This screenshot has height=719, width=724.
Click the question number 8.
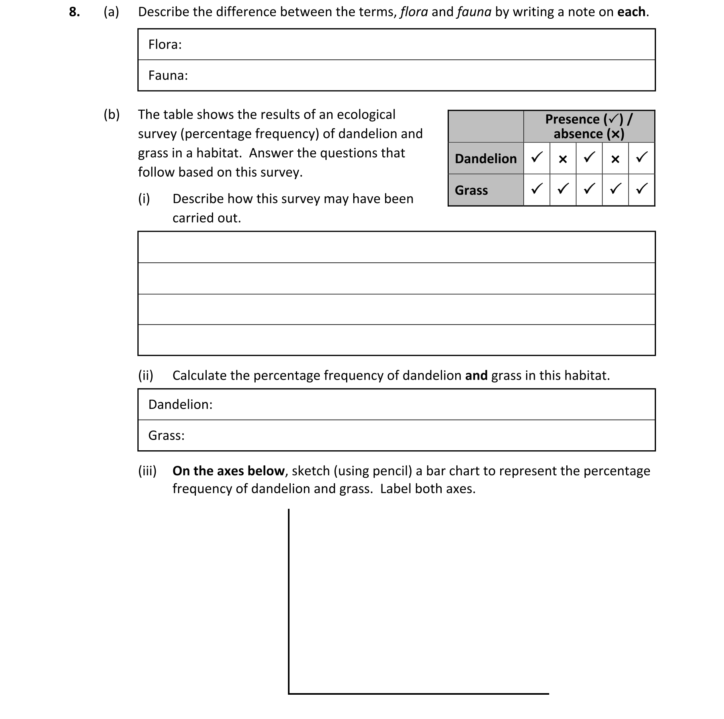(x=74, y=12)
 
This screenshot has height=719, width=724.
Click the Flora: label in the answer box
(x=164, y=44)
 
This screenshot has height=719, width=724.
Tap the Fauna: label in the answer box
(x=168, y=75)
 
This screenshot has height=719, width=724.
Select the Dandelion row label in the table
(x=485, y=158)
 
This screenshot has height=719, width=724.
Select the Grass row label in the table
(x=471, y=190)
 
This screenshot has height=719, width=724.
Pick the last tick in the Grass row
(x=642, y=189)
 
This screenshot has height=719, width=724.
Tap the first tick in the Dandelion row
(x=537, y=157)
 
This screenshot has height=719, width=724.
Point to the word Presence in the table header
(x=572, y=119)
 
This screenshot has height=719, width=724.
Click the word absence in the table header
(x=578, y=134)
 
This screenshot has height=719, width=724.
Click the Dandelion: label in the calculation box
(x=180, y=404)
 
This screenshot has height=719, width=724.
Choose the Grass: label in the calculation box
(x=166, y=436)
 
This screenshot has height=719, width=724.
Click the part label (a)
(x=111, y=12)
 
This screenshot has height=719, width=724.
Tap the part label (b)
(x=112, y=115)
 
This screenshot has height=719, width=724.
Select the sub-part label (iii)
(x=147, y=471)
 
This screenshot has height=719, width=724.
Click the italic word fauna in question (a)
(x=474, y=12)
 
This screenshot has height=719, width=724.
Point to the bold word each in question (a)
(x=631, y=12)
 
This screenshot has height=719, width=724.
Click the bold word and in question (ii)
(x=476, y=375)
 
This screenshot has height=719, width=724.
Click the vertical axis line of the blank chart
(x=289, y=597)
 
